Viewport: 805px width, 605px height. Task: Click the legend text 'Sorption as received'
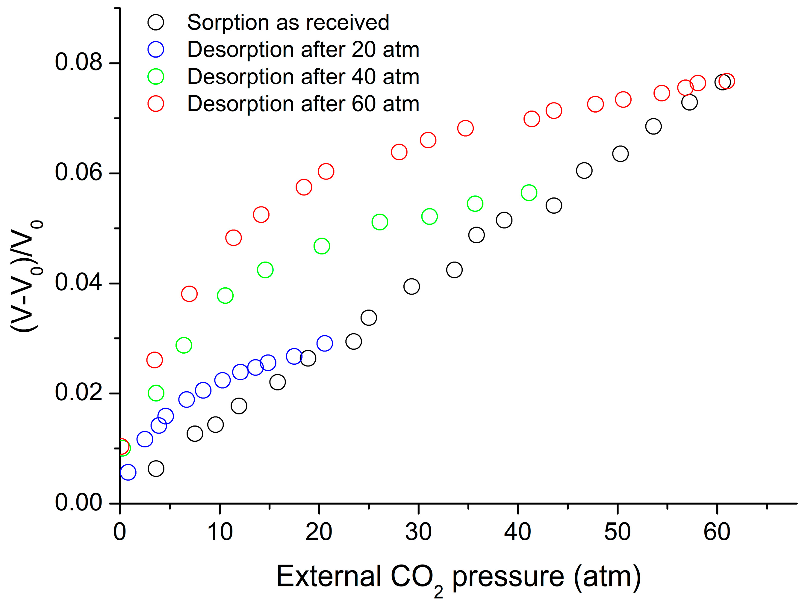tap(288, 22)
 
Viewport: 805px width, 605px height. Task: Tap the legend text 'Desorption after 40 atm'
tap(303, 77)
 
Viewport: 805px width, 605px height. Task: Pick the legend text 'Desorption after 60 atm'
tap(303, 104)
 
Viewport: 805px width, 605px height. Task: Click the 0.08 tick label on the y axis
tap(78, 62)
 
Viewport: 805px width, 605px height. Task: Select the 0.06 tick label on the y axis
tap(78, 173)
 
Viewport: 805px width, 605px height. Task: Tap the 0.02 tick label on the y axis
tap(78, 393)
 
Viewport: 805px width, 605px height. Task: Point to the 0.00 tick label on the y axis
tap(78, 503)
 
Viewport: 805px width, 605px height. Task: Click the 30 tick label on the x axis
tap(418, 532)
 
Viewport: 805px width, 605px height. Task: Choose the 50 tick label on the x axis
tap(618, 532)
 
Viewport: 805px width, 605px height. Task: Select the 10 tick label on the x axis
tap(220, 532)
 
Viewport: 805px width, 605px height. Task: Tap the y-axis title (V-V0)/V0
tap(26, 276)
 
